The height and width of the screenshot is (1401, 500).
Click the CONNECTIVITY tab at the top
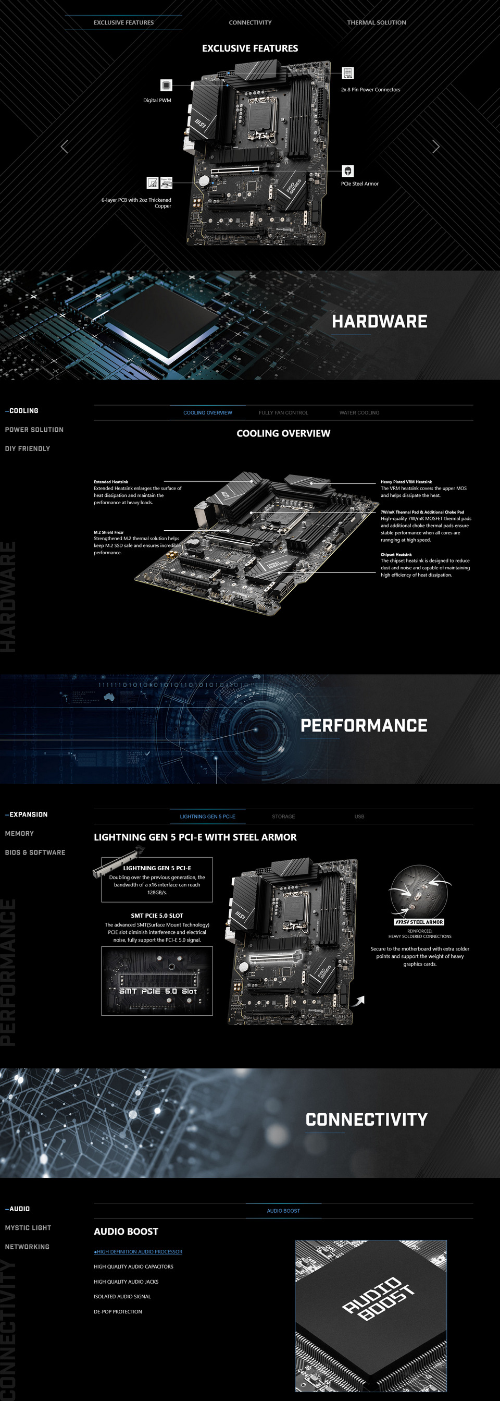(x=250, y=22)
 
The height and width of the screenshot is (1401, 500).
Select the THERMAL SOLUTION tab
(x=376, y=22)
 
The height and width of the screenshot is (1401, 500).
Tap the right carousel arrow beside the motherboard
(x=435, y=147)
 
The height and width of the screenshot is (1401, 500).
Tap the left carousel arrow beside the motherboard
(x=64, y=147)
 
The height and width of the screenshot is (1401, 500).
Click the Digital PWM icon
(x=166, y=85)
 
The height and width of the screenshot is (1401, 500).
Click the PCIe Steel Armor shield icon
(x=347, y=171)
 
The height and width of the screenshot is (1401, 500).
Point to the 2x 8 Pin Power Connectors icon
(x=348, y=74)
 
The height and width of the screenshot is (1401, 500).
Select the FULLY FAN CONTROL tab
(x=283, y=413)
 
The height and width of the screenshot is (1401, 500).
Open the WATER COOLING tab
(x=359, y=413)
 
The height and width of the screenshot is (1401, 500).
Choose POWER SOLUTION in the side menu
(x=34, y=430)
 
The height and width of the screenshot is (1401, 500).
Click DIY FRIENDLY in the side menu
(x=27, y=449)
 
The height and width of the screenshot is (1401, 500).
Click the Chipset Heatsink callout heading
(x=396, y=554)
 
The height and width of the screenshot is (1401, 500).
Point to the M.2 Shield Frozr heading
(x=109, y=532)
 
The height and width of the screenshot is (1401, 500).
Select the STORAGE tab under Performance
(x=283, y=817)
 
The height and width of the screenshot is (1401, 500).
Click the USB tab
(x=359, y=817)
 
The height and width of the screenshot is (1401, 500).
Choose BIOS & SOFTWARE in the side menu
(x=35, y=852)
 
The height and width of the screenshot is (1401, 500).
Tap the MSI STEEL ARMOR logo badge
(x=419, y=922)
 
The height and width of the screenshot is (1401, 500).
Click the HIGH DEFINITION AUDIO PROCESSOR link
(x=139, y=1251)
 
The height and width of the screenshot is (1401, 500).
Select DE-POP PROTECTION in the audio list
(x=118, y=1311)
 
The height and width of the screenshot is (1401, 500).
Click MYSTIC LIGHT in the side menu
(x=28, y=1227)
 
